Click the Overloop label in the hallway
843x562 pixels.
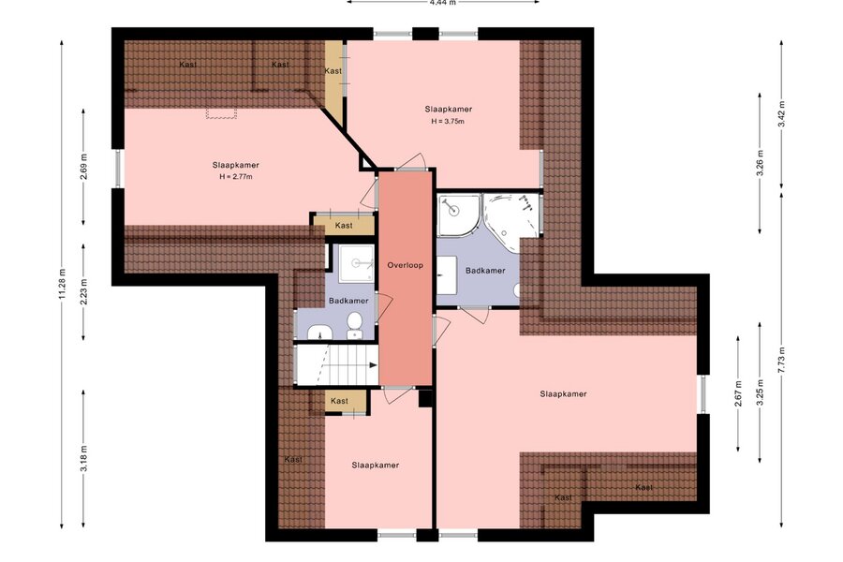tap(406, 265)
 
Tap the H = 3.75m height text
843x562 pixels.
tap(448, 122)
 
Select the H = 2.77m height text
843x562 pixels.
tap(236, 176)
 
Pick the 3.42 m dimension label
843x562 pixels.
tap(782, 114)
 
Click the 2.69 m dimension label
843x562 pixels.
tap(84, 167)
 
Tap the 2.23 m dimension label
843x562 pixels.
tap(84, 292)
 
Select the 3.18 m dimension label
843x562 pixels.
tap(84, 459)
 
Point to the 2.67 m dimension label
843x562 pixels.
tap(738, 393)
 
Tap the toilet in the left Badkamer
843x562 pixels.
tap(354, 326)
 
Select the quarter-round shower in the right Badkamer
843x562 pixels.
tap(457, 215)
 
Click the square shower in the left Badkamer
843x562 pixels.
tap(356, 263)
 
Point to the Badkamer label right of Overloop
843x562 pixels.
tap(485, 271)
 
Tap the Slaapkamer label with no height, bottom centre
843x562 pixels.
tap(376, 466)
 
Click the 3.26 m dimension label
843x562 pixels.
tap(760, 162)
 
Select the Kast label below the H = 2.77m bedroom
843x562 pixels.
tap(344, 226)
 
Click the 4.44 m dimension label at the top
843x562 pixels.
tap(442, 2)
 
